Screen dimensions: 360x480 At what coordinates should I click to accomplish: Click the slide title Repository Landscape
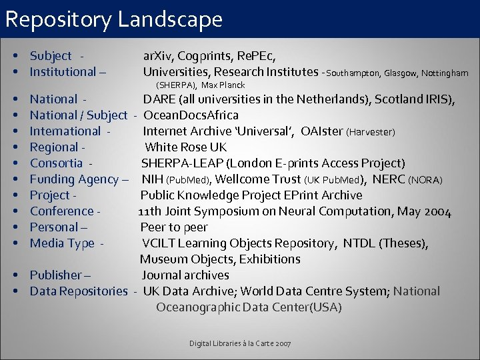[113, 19]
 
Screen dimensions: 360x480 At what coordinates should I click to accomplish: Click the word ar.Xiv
[157, 56]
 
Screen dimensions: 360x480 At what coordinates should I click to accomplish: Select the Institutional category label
[63, 72]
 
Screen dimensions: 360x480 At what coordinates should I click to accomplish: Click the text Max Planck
[223, 85]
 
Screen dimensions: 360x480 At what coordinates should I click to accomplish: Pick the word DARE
[160, 99]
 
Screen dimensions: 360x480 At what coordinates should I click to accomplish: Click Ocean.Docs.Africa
[191, 115]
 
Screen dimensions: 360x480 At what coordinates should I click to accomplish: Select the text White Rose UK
[186, 147]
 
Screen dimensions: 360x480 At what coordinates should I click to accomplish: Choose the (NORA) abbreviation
[425, 180]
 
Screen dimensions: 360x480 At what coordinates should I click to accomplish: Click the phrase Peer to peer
[174, 227]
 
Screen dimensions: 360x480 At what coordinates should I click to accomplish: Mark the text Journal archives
[185, 275]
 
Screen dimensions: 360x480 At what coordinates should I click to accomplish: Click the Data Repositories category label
[78, 291]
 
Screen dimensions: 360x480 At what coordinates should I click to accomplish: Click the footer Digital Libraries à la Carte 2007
[239, 343]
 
